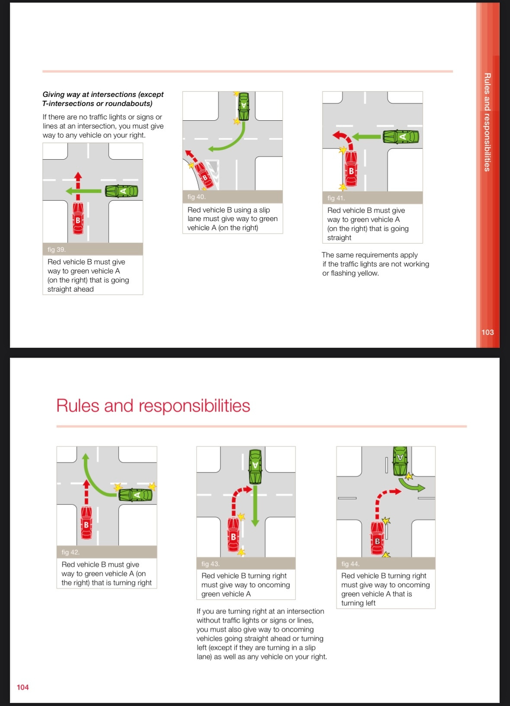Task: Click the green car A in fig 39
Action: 122,191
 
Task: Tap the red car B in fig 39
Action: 78,218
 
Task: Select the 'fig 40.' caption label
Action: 196,197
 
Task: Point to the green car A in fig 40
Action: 244,106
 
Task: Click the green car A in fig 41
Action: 401,137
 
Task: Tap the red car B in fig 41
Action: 351,169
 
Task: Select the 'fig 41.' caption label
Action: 336,198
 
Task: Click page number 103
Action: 488,332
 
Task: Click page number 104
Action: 22,687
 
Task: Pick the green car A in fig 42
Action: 135,494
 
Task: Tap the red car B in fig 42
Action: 86,523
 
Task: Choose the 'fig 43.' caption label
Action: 211,564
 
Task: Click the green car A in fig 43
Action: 255,467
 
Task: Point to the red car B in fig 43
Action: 234,535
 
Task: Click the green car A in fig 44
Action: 400,461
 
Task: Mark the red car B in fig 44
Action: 377,539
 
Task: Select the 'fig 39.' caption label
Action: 57,250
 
